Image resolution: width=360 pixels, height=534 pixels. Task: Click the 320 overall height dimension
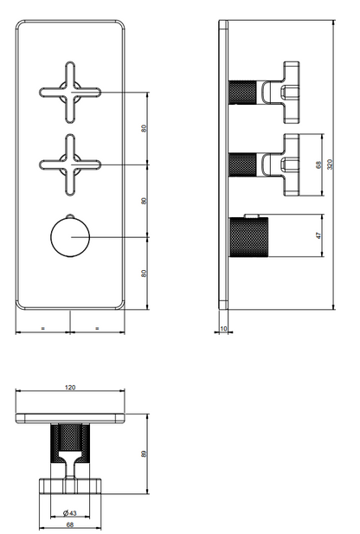tap(330, 164)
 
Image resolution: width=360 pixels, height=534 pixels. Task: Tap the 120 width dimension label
tap(70, 387)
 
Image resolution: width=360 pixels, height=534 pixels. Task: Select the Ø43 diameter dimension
tap(70, 512)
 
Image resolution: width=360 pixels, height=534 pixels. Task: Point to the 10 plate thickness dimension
tap(223, 329)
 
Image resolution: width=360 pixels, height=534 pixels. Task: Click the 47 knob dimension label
tap(318, 235)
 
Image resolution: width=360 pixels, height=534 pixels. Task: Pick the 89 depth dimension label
tap(144, 454)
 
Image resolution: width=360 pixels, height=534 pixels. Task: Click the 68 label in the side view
tap(318, 164)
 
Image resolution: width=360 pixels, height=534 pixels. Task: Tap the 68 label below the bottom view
tap(70, 524)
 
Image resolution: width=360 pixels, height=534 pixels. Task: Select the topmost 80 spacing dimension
tap(144, 128)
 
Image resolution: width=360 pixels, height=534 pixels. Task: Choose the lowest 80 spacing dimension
tap(144, 273)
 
